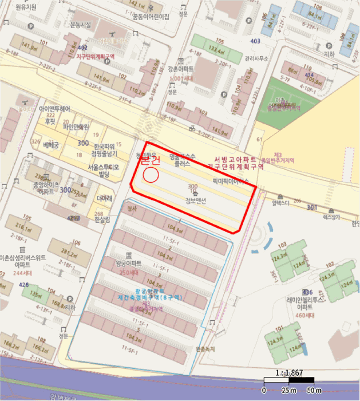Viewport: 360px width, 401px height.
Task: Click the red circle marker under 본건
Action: pos(150,175)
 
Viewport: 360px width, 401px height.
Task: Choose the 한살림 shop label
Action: pos(102,218)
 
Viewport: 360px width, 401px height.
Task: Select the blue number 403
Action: pos(255,41)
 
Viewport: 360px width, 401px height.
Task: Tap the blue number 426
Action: pos(23,284)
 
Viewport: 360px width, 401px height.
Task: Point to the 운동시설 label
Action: pos(80,25)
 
